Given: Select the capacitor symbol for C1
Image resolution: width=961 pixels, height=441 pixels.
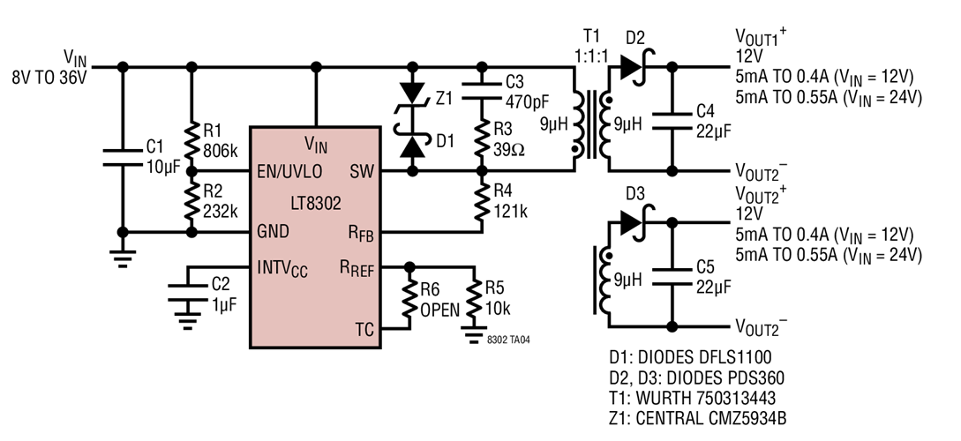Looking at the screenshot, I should tap(121, 156).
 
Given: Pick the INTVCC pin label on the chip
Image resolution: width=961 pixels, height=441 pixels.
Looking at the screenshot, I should tap(288, 265).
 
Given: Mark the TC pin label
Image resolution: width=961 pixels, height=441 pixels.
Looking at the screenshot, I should tap(364, 330).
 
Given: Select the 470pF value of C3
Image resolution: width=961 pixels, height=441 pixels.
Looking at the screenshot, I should tap(528, 100).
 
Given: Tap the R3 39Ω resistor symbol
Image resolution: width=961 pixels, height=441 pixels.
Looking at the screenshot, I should tap(482, 137).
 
